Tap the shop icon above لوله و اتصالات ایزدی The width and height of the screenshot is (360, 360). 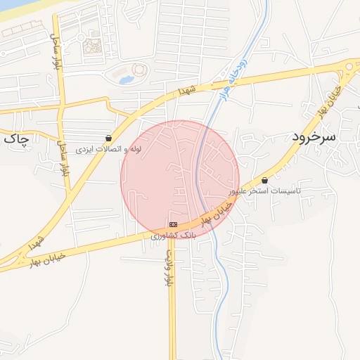point(108,139)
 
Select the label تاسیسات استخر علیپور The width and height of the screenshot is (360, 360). point(264,191)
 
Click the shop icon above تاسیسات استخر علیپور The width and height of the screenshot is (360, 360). point(264,181)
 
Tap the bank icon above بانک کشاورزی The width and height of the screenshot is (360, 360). point(173,224)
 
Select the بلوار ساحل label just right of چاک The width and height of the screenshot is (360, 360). point(63,157)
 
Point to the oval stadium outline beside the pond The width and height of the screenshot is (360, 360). point(139,71)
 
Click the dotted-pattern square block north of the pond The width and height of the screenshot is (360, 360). point(92,47)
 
